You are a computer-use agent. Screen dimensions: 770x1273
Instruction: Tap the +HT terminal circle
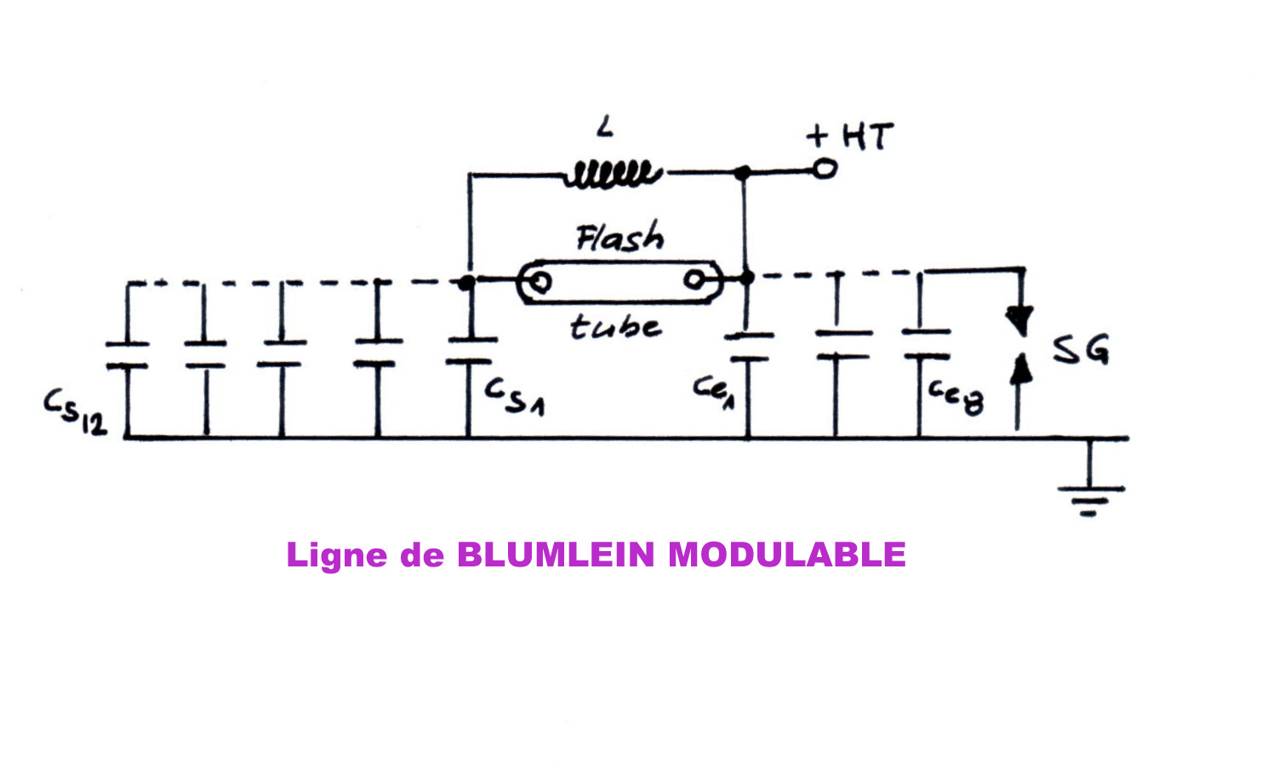824,170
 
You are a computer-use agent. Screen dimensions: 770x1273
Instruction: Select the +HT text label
850,136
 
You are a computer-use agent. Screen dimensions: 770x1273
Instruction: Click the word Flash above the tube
620,238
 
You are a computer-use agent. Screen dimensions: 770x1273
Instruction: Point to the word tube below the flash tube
615,326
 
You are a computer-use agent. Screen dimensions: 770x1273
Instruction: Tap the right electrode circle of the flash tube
695,279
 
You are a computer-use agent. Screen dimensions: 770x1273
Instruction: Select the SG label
1081,348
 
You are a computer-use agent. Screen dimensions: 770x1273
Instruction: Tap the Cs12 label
76,412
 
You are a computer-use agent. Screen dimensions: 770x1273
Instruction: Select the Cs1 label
514,397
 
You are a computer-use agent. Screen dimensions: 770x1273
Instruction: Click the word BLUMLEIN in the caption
556,555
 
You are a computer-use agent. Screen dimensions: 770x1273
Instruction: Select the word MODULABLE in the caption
786,555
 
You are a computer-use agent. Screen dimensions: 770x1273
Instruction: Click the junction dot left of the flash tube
466,282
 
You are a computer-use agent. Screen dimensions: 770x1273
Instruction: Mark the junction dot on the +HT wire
743,173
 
